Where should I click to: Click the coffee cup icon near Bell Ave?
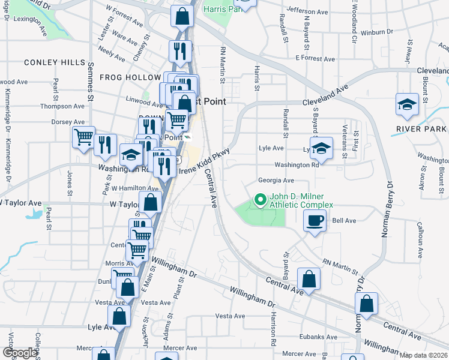coord(315,221)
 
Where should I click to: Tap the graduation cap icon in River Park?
coord(408,104)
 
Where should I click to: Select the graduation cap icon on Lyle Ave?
coord(322,148)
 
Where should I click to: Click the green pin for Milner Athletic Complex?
coord(261,199)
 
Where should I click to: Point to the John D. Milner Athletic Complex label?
coord(301,200)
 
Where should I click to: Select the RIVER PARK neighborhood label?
coord(421,129)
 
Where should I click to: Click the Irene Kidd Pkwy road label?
coord(204,162)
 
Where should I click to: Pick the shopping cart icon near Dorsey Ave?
coord(83,136)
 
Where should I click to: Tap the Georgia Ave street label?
coord(276,180)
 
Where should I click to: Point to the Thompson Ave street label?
coord(62,106)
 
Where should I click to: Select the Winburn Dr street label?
coord(377,31)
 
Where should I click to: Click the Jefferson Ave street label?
coord(307,11)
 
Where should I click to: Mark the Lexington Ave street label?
coord(30,19)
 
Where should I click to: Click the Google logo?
coord(20,353)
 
